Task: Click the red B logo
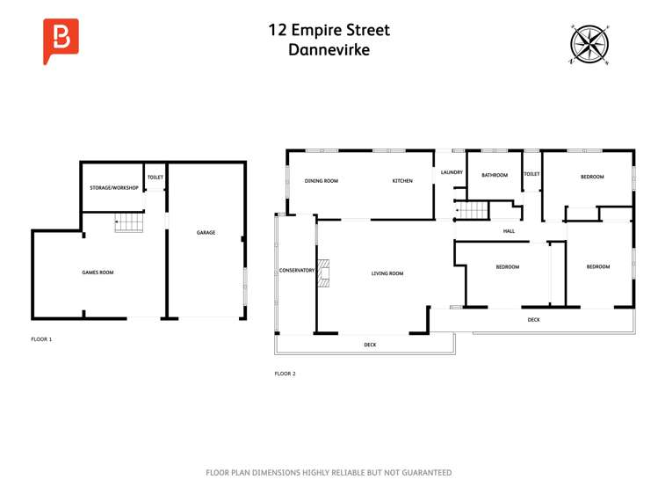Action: [61, 40]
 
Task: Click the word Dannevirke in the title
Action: [329, 50]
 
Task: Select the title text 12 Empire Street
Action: [329, 30]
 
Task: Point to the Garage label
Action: [206, 233]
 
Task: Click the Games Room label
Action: [98, 272]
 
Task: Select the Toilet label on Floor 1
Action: [155, 178]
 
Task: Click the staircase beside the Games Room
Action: [129, 223]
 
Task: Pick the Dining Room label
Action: [321, 181]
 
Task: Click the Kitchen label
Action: [402, 181]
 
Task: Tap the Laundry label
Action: [452, 172]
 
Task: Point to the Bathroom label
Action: [495, 175]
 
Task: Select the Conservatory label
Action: [297, 270]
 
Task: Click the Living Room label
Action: [387, 273]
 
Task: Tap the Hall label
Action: [509, 231]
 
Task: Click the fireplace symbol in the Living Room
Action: [323, 273]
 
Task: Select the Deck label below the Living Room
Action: [370, 345]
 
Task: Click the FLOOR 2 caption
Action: [286, 374]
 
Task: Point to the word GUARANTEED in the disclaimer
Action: [422, 473]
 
